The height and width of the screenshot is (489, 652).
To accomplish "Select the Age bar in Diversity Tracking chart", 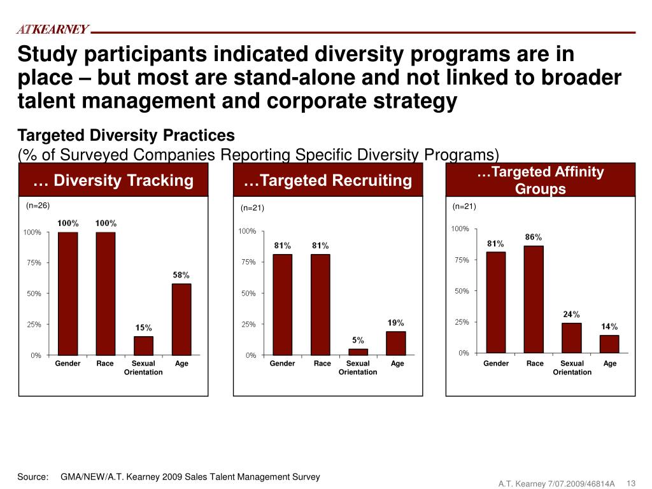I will [181, 319].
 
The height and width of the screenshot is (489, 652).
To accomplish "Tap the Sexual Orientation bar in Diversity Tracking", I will [143, 345].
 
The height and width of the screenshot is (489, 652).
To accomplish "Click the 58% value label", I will [181, 275].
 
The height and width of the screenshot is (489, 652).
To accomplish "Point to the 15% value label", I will [143, 328].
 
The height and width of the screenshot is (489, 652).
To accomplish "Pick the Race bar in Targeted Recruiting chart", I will [320, 304].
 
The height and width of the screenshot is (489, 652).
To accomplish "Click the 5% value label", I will [358, 340].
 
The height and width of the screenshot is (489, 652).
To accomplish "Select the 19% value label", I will [396, 323].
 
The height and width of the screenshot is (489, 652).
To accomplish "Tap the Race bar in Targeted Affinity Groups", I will [534, 299].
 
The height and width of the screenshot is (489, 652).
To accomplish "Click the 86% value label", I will [534, 237].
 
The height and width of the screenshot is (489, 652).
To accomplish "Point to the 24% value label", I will [571, 314].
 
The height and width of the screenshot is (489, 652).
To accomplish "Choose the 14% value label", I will [609, 326].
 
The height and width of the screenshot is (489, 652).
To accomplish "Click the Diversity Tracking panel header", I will [113, 180].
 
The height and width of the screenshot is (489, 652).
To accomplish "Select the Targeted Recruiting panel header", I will [327, 180].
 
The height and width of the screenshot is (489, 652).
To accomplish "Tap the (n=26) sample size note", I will [38, 205].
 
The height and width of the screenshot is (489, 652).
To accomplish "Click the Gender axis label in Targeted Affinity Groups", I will [496, 364].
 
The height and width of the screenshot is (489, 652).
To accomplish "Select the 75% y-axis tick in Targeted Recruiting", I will [247, 262].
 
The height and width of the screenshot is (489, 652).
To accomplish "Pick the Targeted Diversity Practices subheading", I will [126, 136].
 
